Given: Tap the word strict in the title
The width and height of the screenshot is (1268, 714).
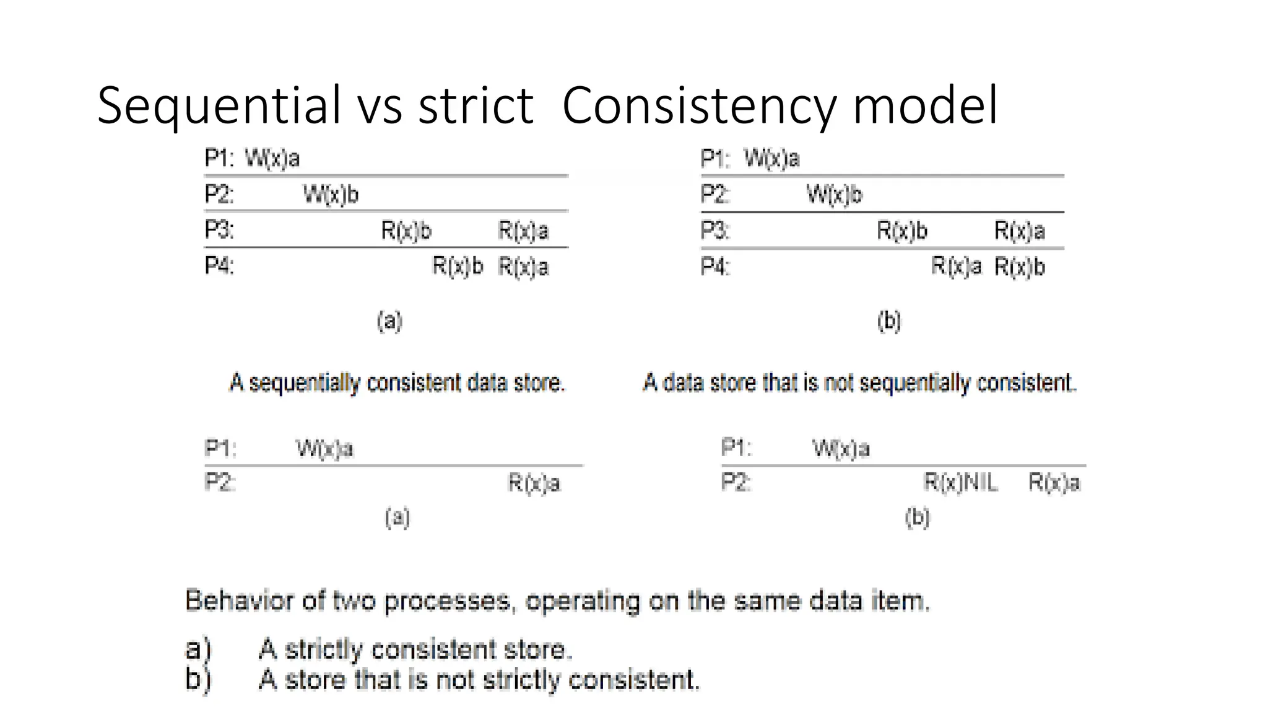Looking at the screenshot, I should (x=475, y=106).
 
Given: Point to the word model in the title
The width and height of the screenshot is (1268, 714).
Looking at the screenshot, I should (x=925, y=106).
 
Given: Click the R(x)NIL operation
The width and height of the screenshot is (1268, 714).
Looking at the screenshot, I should (x=960, y=482).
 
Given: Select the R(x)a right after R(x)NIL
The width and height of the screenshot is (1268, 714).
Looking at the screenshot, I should (x=1054, y=482).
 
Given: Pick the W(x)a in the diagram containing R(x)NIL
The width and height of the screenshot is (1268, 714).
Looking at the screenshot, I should (x=841, y=448).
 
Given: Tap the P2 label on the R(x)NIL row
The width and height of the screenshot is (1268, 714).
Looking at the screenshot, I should (x=736, y=482).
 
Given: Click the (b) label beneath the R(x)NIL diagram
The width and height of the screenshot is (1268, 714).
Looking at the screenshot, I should (x=917, y=517).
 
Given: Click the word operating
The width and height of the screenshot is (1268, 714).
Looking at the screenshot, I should (x=583, y=602).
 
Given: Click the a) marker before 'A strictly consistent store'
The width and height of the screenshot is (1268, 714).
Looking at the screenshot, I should (x=198, y=649).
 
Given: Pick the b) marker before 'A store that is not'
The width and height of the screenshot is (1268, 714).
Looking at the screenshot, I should (x=198, y=679).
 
